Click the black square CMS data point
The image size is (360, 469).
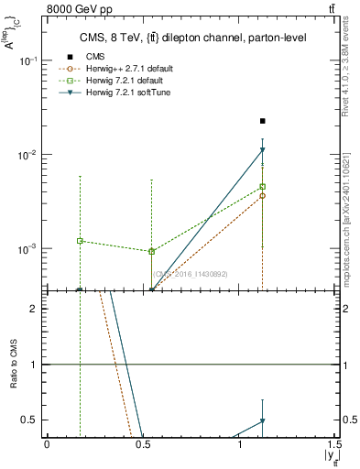tap(263, 121)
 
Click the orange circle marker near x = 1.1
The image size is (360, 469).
tap(263, 196)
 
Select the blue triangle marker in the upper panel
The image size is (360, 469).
tap(263, 150)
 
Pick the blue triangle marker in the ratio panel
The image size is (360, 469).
tap(263, 421)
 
